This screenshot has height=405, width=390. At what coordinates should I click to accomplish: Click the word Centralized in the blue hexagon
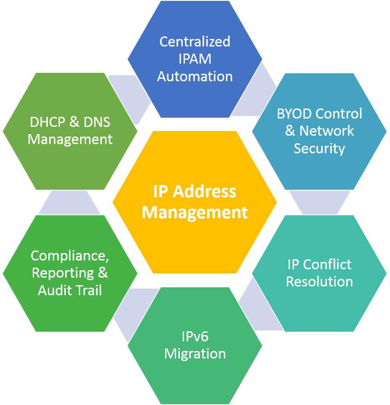tap(195, 42)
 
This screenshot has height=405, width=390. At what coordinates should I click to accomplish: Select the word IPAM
tap(195, 59)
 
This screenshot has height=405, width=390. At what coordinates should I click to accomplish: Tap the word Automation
tap(195, 77)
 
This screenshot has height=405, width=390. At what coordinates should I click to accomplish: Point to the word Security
tap(319, 149)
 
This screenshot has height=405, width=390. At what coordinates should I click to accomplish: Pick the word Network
tap(327, 131)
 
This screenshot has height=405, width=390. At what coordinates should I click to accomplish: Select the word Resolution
tap(319, 282)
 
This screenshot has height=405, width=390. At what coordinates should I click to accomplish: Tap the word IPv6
tap(195, 336)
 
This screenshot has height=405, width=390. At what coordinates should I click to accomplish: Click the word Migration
tap(195, 354)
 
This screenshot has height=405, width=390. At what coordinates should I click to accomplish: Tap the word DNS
tap(96, 122)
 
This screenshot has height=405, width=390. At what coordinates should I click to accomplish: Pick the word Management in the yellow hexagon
tap(195, 212)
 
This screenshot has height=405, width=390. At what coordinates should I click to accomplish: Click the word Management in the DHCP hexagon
tap(70, 139)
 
